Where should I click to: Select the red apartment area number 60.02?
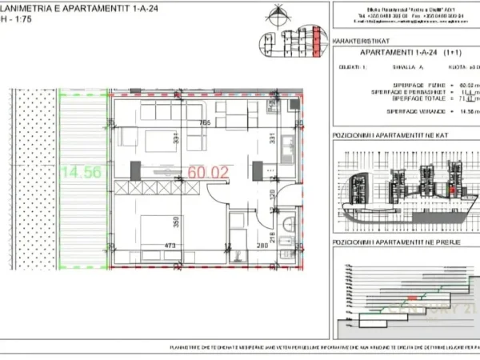tap(208, 171)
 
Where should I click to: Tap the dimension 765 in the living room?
tap(205, 123)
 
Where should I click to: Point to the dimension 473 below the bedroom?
tap(146, 246)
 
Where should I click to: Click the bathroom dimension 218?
tap(273, 235)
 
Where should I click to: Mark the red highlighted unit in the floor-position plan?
tap(454, 190)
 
